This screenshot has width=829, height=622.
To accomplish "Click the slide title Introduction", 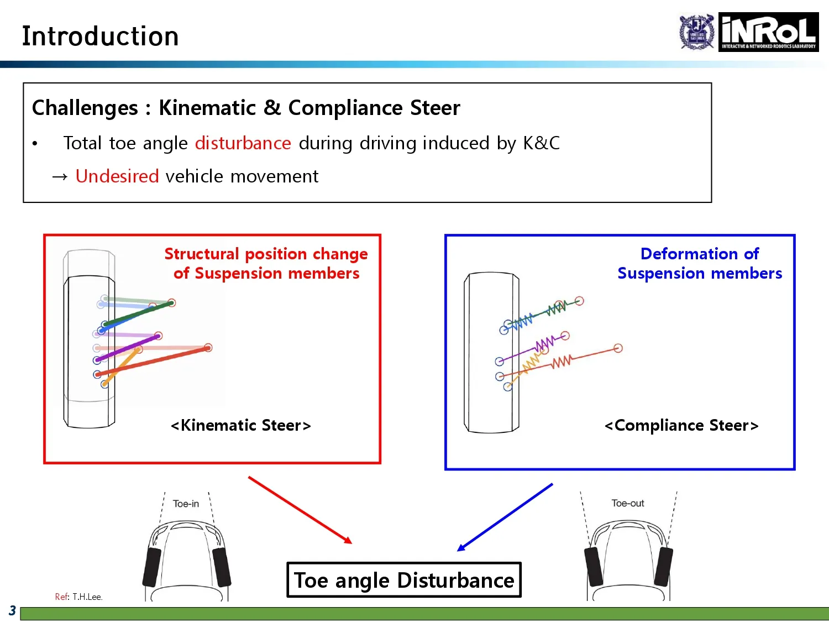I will [100, 36].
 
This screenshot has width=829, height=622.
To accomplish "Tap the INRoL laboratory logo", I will [768, 32].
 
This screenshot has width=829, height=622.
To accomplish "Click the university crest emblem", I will [697, 32].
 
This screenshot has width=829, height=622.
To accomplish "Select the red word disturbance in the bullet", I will [243, 143].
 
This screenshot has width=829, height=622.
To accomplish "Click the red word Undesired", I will [117, 176].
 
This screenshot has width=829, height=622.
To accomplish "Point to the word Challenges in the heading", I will [85, 108].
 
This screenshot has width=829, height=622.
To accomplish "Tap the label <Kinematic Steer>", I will [241, 425].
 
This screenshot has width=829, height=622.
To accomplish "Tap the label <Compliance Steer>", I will [681, 425].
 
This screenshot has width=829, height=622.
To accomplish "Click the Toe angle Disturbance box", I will [404, 580].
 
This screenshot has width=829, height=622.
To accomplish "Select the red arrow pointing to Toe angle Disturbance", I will [300, 510].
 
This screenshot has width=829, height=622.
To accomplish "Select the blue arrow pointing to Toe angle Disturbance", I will [505, 517].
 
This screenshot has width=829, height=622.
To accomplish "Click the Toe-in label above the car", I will [186, 504].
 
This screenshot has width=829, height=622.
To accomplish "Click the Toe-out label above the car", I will [628, 503].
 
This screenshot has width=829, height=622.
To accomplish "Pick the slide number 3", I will [12, 611].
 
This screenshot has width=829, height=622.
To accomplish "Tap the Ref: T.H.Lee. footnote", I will [78, 597].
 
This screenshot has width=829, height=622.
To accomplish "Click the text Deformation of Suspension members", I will [700, 263].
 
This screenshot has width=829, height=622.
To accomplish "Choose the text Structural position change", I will [266, 254].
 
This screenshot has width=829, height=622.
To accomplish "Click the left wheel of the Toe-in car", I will [151, 567].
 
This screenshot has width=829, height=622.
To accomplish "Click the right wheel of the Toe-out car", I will [663, 566].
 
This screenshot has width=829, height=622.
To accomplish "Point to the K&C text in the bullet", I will [541, 143].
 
